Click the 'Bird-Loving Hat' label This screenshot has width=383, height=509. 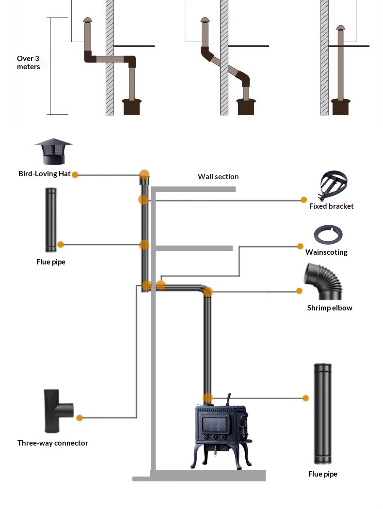point(44,174)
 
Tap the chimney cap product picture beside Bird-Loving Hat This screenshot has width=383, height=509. point(53,152)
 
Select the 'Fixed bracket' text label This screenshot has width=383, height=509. point(331,206)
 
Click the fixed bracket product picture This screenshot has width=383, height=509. point(334,185)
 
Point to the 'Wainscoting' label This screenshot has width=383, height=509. point(326,252)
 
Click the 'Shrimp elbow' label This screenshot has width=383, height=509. point(330,308)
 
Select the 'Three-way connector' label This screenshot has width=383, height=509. point(53,443)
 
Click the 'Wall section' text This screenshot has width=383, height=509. point(218,177)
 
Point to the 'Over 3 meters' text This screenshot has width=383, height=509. point(28,62)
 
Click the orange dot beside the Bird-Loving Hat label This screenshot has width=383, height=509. point(75,175)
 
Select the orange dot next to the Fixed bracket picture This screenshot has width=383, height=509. point(303,200)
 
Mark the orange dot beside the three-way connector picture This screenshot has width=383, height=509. point(80,417)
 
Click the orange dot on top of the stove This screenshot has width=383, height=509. point(207,398)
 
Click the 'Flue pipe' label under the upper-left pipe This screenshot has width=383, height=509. point(51,262)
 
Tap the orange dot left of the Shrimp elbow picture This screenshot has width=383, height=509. point(299,291)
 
